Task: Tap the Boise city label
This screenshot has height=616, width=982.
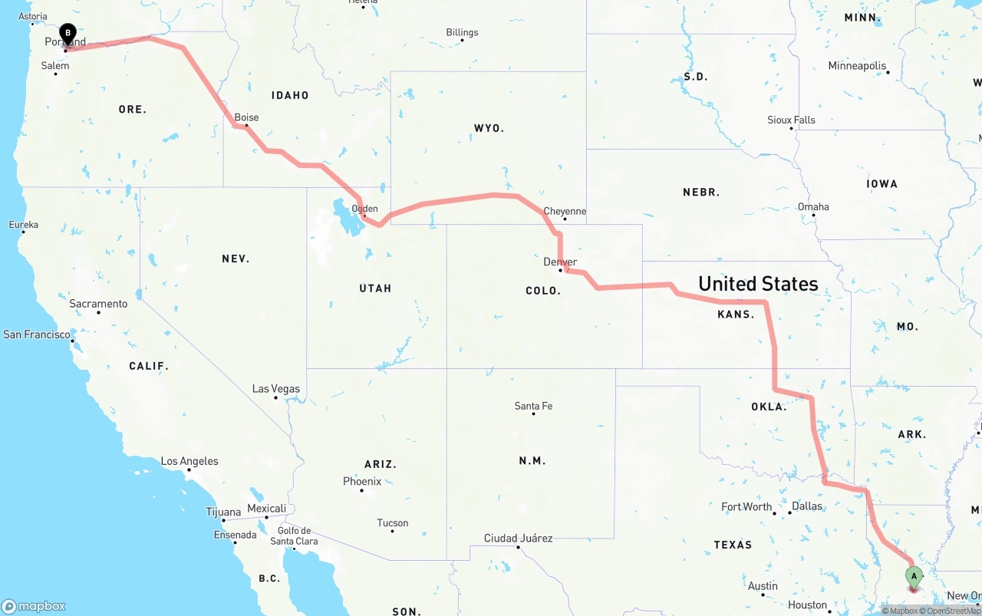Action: coord(246,117)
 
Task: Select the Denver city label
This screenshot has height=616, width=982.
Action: coord(560,262)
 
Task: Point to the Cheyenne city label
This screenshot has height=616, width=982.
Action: coord(565,211)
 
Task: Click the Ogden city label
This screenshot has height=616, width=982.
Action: coord(364,208)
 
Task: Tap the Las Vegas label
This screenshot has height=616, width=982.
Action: coord(276,389)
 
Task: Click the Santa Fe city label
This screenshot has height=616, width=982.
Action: coord(533,406)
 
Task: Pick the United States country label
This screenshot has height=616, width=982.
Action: coord(758,284)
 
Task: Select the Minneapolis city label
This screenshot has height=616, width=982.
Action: coord(857,66)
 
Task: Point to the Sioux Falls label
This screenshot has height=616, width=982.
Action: coord(791,120)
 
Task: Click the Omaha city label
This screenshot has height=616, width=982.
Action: coord(813,206)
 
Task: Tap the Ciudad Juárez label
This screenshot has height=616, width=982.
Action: coord(518,538)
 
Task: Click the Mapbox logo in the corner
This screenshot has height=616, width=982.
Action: coord(34,606)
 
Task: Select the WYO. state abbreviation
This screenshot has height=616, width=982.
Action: coord(489,128)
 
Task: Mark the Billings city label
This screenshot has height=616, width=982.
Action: coord(462,32)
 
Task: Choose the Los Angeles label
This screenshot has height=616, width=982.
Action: coord(189,461)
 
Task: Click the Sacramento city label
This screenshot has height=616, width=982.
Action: coord(98,304)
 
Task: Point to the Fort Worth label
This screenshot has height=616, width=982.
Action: coord(746,506)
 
